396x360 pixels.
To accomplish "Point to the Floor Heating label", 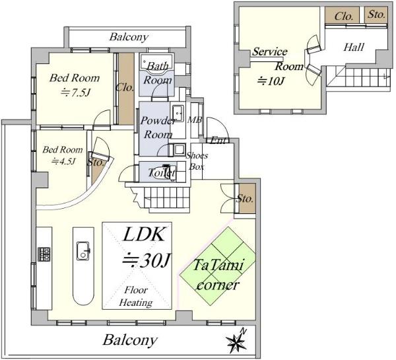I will pyautogui.click(x=136, y=297).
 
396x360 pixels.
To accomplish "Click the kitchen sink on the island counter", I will pyautogui.click(x=84, y=250).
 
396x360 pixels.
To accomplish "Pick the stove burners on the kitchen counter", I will pyautogui.click(x=45, y=254).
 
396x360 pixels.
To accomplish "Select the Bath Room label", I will pyautogui.click(x=158, y=72).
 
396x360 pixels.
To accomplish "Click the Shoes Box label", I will pyautogui.click(x=197, y=161).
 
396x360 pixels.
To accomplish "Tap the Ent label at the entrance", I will pyautogui.click(x=217, y=140).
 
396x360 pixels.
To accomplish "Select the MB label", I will pyautogui.click(x=195, y=120).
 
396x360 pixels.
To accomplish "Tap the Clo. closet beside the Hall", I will pyautogui.click(x=343, y=15).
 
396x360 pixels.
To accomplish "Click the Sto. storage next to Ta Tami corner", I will pyautogui.click(x=246, y=198).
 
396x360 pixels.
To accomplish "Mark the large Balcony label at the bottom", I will pyautogui.click(x=130, y=341).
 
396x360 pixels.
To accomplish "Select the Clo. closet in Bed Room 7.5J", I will pyautogui.click(x=125, y=87).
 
